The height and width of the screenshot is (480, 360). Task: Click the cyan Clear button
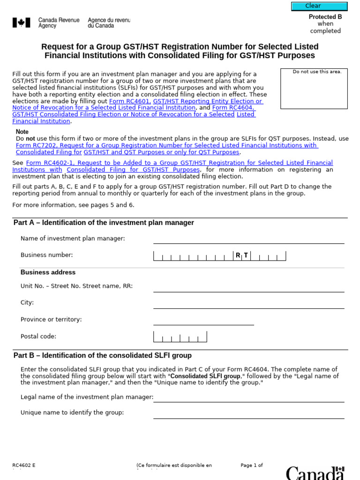pyautogui.click(x=319, y=6)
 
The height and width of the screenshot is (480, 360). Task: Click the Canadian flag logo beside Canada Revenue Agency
pyautogui.click(x=21, y=22)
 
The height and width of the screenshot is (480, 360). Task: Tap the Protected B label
pyautogui.click(x=325, y=17)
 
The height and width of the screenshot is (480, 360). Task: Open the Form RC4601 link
pyautogui.click(x=130, y=101)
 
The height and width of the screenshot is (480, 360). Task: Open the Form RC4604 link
pyautogui.click(x=233, y=108)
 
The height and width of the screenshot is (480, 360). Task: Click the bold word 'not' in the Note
pyautogui.click(x=30, y=139)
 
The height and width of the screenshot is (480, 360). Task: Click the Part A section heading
pyautogui.click(x=104, y=223)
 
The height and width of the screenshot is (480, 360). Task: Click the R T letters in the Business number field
pyautogui.click(x=242, y=255)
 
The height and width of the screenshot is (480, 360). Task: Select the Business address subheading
pyautogui.click(x=48, y=272)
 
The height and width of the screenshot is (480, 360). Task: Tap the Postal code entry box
pyautogui.click(x=180, y=337)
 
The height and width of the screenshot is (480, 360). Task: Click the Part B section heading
pyautogui.click(x=103, y=355)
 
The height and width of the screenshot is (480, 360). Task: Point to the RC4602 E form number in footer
pyautogui.click(x=24, y=465)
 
